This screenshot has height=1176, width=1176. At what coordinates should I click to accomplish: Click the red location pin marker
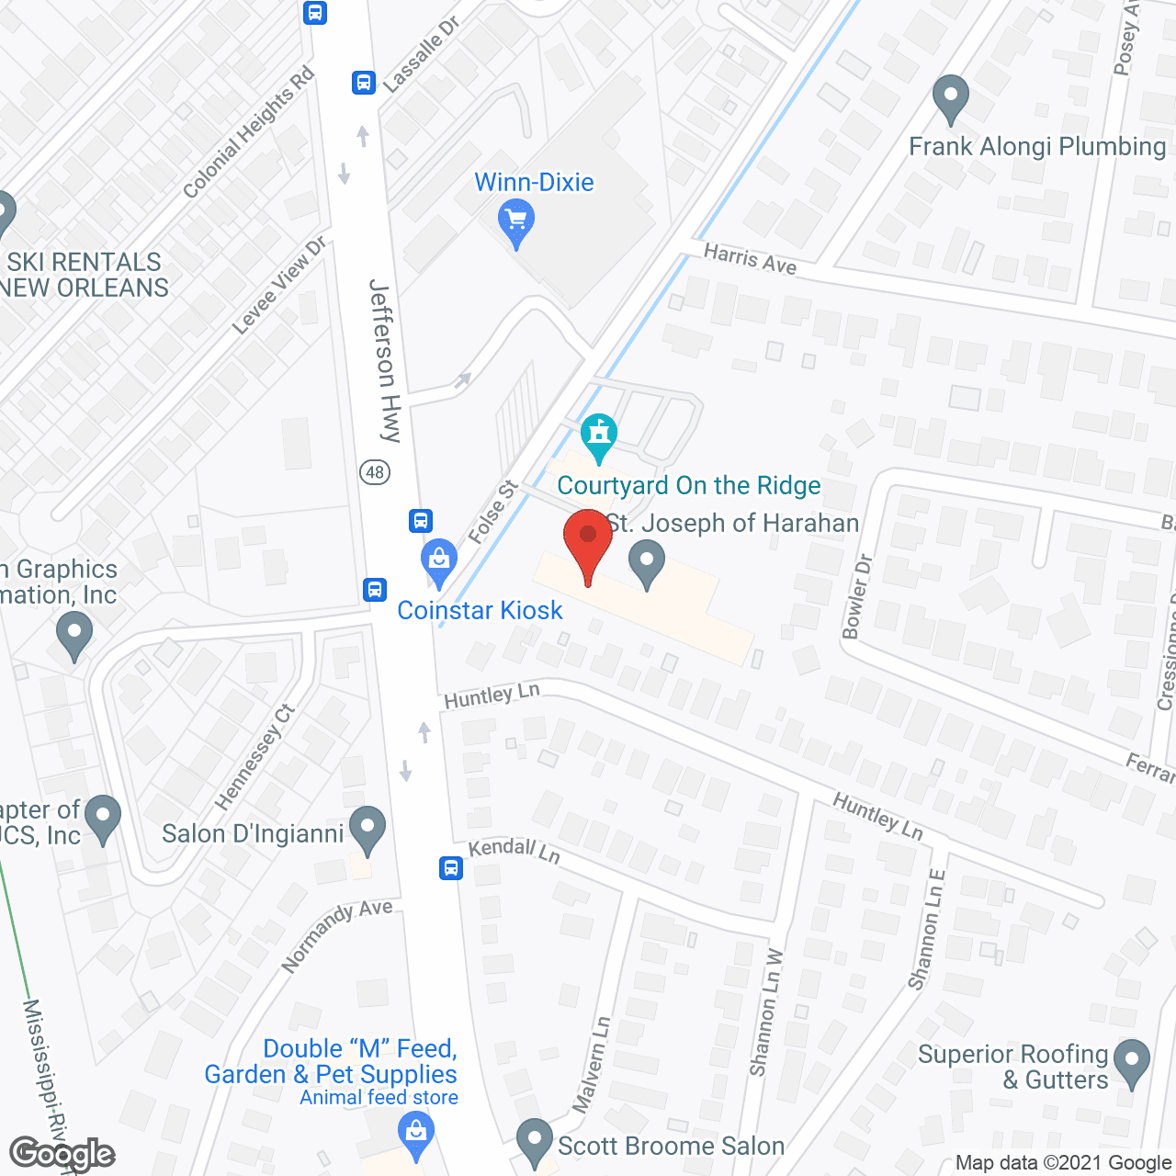[x=588, y=542]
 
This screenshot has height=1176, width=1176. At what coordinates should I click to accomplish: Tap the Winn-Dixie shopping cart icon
[x=516, y=220]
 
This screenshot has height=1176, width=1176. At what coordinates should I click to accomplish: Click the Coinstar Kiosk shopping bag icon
[x=439, y=560]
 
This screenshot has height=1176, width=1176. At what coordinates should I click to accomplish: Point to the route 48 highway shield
[x=375, y=472]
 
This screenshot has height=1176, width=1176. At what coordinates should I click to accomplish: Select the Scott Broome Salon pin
[x=535, y=1140]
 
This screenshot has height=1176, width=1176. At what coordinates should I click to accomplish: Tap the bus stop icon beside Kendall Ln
[x=450, y=867]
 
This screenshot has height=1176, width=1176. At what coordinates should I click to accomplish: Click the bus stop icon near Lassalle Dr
[x=363, y=83]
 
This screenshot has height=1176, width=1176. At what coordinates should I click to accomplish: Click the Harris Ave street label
[x=750, y=258]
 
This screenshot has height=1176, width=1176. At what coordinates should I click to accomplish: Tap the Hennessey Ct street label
[x=255, y=757]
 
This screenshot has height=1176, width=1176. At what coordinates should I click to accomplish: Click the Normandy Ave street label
[x=336, y=935]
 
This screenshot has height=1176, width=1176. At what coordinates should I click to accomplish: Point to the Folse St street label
[x=492, y=512]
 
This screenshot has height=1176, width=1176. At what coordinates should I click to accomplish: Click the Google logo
[x=62, y=1154]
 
